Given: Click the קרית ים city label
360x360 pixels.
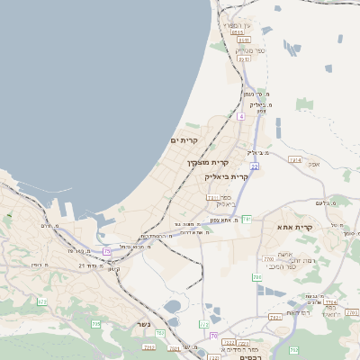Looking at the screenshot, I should pos(184,140).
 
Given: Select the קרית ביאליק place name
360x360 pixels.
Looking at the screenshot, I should pos(227,176).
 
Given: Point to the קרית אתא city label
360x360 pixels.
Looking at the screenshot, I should pos(296,228).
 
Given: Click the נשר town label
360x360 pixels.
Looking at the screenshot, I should pos(143,324).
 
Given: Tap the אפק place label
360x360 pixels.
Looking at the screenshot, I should pos(313,165).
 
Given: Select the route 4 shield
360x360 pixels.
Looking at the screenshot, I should pos(241,116).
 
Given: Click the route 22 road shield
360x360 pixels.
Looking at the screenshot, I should pos(256,166).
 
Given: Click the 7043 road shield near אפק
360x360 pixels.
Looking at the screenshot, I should pos(295,159).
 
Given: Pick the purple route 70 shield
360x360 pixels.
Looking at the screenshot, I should pos(214,336).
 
